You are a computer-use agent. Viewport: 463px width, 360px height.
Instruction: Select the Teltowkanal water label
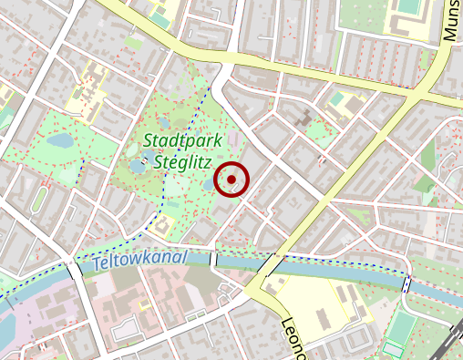point(139,261)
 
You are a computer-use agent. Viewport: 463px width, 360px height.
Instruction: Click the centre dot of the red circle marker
point(231,180)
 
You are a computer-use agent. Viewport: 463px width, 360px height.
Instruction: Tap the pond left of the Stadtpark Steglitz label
point(137,168)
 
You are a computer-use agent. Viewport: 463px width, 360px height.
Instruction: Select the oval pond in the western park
point(60,142)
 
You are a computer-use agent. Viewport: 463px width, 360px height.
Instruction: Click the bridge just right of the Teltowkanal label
point(214,260)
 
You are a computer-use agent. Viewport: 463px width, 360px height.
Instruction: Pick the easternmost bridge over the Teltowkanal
point(406,284)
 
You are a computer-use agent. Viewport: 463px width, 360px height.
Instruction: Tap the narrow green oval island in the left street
point(38,199)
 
